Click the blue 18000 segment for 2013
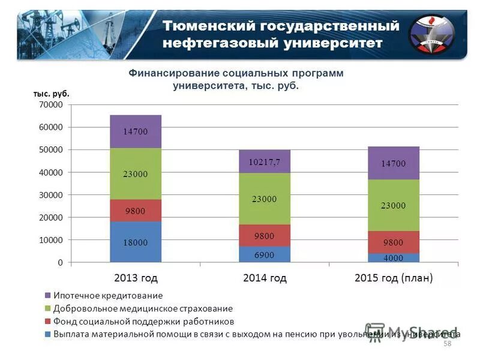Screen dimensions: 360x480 tap(136, 242)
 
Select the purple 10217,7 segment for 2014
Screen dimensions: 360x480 tap(265, 162)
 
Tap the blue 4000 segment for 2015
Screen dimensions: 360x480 tap(394, 258)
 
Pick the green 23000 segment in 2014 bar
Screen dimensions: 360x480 tap(265, 199)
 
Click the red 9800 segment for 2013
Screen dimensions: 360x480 tap(136, 211)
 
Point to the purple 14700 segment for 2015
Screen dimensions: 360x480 tap(394, 163)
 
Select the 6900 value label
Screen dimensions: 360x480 tap(265, 255)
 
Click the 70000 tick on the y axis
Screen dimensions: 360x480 tap(51, 105)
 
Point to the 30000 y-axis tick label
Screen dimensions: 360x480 tap(51, 195)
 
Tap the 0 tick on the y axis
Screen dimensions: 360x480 tap(59, 263)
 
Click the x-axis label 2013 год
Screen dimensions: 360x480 tap(136, 278)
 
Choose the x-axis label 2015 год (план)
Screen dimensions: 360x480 tap(394, 278)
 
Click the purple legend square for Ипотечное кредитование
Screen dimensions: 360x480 tap(47, 295)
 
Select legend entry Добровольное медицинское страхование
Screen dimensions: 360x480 tap(143, 308)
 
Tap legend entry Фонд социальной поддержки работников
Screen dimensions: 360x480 tap(143, 321)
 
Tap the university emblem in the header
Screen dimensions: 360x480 tap(432, 34)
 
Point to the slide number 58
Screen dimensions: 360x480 tap(446, 343)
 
